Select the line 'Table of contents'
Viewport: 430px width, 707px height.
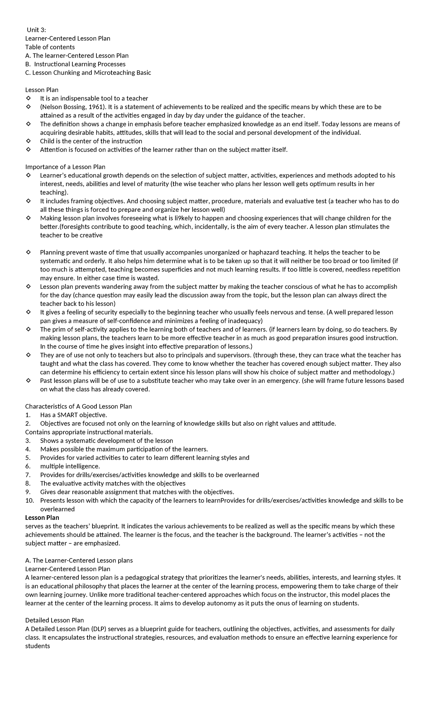[x=50, y=47]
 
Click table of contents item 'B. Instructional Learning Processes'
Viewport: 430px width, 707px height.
[x=76, y=64]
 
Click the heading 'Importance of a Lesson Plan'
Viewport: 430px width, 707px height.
[x=65, y=167]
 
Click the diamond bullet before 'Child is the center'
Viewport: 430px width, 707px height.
[x=28, y=141]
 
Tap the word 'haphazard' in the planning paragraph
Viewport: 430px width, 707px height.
[x=262, y=252]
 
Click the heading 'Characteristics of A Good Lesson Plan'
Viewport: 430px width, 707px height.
[x=78, y=406]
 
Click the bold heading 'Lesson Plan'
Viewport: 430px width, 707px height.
[x=42, y=517]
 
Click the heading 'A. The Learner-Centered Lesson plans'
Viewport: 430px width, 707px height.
[x=79, y=560]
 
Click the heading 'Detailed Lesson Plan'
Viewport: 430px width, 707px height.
[x=54, y=620]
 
